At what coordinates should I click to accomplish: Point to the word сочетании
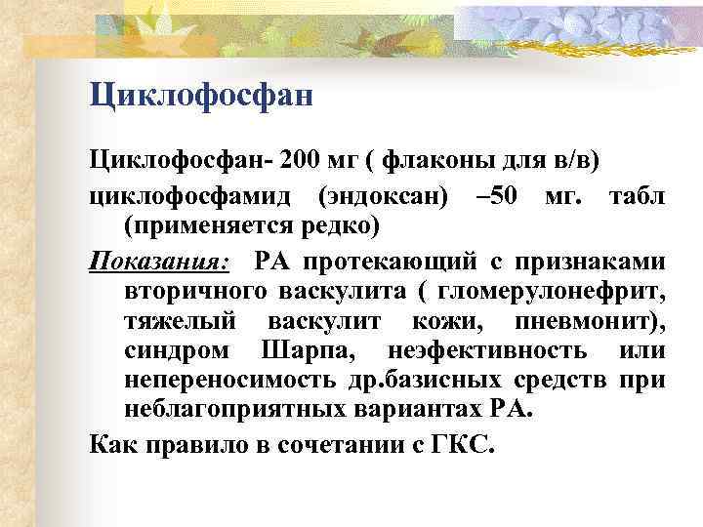coord(365,446)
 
